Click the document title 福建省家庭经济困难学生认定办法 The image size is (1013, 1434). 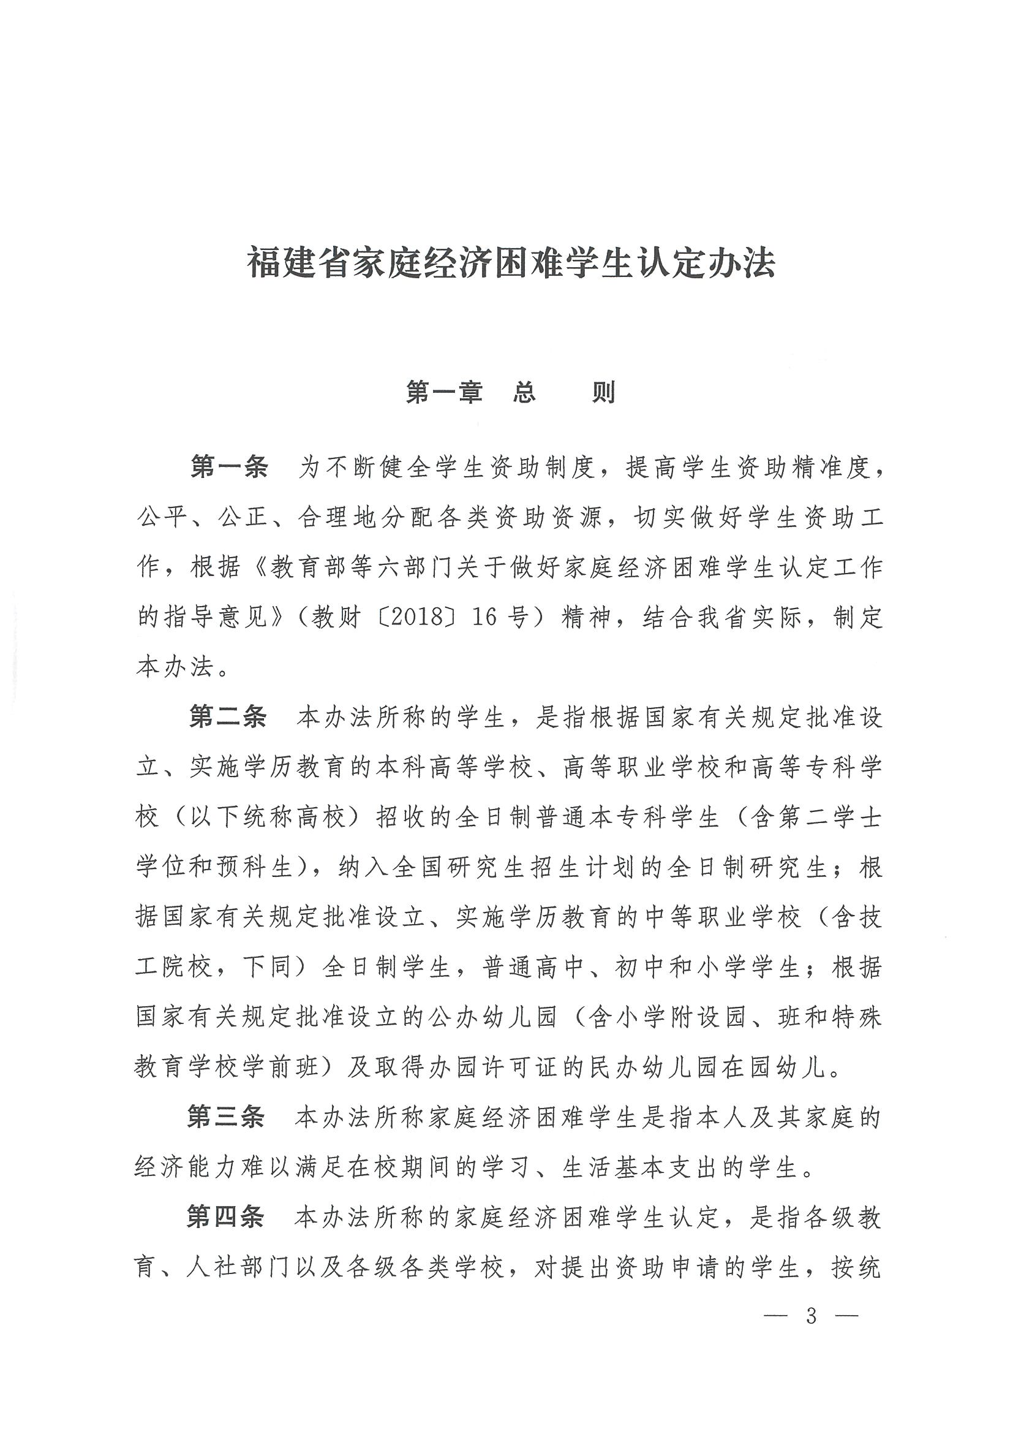coord(511,262)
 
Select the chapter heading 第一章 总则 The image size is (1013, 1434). coord(511,392)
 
